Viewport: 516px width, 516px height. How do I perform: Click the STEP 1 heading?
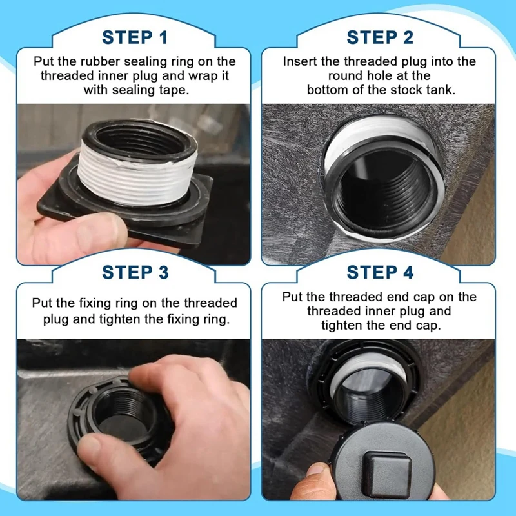click(135, 37)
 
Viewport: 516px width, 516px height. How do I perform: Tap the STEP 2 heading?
click(380, 37)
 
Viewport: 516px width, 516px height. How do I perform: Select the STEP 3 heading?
click(135, 272)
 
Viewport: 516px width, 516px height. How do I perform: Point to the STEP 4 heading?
click(380, 272)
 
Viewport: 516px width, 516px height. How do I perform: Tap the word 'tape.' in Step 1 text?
click(174, 90)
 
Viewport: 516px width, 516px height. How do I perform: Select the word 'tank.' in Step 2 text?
click(439, 90)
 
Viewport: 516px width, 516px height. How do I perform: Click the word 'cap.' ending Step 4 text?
click(427, 326)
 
